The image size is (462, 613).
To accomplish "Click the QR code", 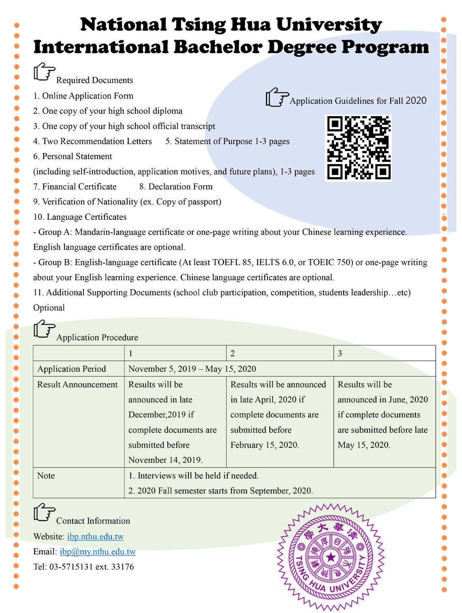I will point(358,148).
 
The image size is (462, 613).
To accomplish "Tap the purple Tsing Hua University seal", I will point(331,557).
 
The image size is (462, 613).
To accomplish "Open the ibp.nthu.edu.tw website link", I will point(95,536).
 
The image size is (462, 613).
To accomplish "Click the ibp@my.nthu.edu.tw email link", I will point(98,551).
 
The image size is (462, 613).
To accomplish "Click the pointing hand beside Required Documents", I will point(44,72).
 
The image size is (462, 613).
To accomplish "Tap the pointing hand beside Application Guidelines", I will point(277,97).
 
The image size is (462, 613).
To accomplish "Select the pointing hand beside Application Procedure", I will point(44,329).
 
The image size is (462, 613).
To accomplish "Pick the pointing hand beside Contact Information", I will point(44,512).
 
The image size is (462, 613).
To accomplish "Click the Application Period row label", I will point(72,369).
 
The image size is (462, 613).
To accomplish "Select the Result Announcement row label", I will point(77,385).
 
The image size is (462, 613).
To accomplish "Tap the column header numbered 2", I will point(233,353).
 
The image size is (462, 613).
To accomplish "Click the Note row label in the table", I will point(46,476).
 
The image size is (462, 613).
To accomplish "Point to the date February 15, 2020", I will point(265,445).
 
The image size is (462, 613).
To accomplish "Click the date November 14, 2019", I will point(165,460).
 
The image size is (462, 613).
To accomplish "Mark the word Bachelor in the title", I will point(218,47).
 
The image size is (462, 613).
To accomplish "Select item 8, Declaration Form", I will point(176,187).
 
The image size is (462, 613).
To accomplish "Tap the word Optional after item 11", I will point(49,308).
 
